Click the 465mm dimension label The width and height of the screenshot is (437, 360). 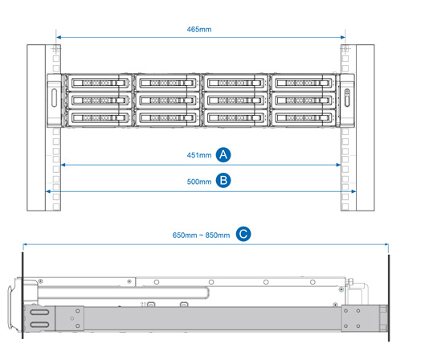point(199,29)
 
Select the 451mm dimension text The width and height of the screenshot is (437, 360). point(199,155)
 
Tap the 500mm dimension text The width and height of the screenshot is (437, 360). point(199,182)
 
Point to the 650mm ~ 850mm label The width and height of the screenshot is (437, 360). point(201,235)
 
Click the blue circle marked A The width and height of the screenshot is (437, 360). point(223,155)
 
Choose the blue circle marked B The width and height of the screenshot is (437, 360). point(223,181)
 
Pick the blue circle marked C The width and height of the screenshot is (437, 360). point(243,234)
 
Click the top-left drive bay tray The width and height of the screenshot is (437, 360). point(98,83)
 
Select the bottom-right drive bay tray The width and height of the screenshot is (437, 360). point(303,117)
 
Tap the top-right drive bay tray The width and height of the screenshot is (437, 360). point(303,83)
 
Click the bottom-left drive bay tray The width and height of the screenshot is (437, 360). point(98,117)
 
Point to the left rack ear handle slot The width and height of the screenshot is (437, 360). point(54,97)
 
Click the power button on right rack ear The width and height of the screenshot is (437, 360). point(347,91)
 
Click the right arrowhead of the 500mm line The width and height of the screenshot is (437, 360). point(353,191)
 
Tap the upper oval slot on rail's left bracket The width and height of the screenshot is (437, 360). point(39,312)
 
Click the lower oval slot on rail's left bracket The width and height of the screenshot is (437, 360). point(39,325)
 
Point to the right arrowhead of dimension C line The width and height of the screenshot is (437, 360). point(386,244)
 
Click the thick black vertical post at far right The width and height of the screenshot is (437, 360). point(389,297)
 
